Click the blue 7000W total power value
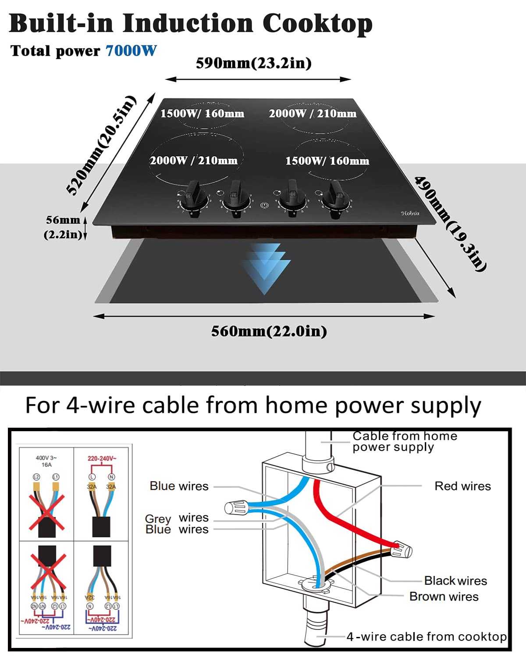[x=131, y=51]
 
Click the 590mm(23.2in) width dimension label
[x=253, y=63]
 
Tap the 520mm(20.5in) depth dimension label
[x=101, y=144]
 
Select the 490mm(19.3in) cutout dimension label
[x=450, y=224]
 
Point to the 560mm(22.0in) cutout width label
[x=269, y=331]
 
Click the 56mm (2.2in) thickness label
[x=63, y=227]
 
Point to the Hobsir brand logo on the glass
[x=410, y=213]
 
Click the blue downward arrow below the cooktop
[x=265, y=268]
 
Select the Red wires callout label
[x=462, y=486]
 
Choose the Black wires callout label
[x=455, y=581]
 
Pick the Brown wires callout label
[x=444, y=597]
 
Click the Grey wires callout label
[x=177, y=518]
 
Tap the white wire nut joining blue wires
[x=236, y=508]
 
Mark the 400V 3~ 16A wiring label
[x=46, y=461]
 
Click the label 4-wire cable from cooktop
[x=426, y=637]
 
